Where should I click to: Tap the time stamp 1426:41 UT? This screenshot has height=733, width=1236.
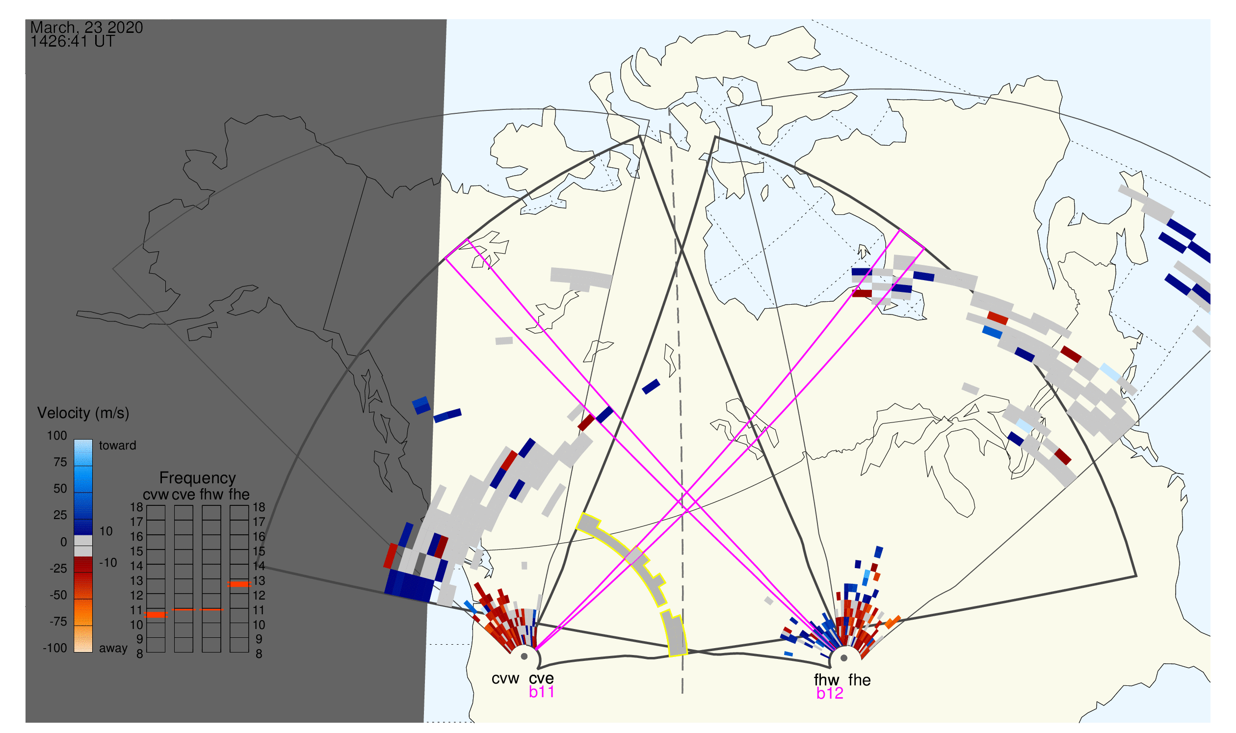[x=73, y=41]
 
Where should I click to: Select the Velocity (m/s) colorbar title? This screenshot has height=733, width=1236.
[x=83, y=414]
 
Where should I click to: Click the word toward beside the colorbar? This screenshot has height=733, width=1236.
[x=118, y=445]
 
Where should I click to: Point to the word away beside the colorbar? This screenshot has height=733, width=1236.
[x=113, y=649]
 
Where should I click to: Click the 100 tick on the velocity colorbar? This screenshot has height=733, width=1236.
[x=57, y=436]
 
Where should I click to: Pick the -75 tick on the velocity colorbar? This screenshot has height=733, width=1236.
[x=58, y=622]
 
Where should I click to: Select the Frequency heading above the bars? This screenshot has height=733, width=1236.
[x=198, y=478]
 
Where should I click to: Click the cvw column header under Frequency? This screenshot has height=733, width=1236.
[x=156, y=495]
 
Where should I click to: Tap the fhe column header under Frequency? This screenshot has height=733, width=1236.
[x=239, y=495]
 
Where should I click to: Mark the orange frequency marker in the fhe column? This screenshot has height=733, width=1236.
[x=239, y=584]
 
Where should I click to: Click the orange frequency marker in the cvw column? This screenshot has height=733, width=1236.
[x=156, y=615]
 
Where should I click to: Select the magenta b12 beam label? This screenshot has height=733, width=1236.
[x=830, y=694]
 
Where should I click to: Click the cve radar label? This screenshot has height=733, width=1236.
[x=541, y=679]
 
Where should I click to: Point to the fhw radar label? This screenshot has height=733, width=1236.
[x=826, y=681]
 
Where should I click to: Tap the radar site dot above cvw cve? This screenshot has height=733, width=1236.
[x=524, y=657]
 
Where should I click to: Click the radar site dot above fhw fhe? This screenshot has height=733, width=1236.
[x=844, y=658]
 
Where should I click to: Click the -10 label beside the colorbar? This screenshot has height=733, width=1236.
[x=108, y=563]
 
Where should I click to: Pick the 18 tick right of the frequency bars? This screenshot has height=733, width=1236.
[x=260, y=507]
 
